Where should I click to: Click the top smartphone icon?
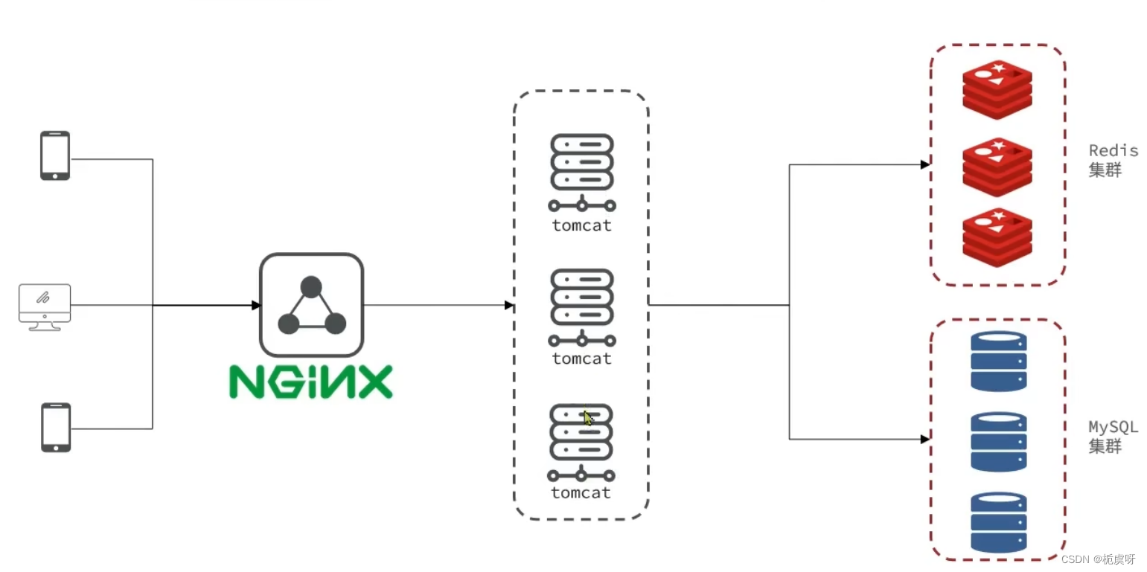click(x=55, y=155)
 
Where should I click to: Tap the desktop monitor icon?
click(x=45, y=306)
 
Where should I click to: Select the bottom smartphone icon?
click(x=56, y=427)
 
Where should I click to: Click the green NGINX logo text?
click(x=310, y=382)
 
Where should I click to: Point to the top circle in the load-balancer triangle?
click(x=311, y=286)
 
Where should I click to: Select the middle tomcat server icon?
click(x=581, y=305)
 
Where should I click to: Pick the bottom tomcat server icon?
click(x=581, y=440)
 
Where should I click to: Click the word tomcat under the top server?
click(x=581, y=225)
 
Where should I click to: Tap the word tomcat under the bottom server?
click(x=581, y=492)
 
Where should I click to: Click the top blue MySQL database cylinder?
click(x=998, y=361)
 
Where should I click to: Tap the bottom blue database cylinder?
click(x=998, y=521)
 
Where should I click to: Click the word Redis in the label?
click(x=1114, y=151)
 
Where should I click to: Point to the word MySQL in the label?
click(x=1114, y=428)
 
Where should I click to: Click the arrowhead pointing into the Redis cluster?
click(x=924, y=164)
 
